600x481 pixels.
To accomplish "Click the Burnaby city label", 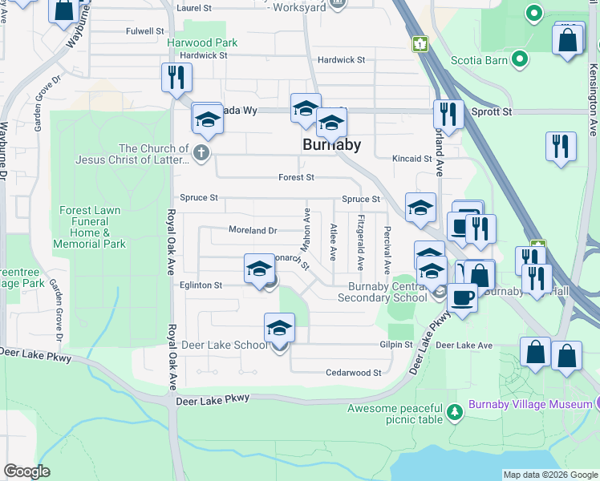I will tap(331, 145).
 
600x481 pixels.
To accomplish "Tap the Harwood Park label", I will tap(202, 42).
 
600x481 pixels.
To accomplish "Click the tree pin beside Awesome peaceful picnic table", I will tap(455, 412).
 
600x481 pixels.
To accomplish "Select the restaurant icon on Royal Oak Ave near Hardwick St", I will tap(176, 78).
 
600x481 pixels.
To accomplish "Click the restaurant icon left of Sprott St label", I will tap(448, 114).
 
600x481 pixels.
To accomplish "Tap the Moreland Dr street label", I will tap(252, 230).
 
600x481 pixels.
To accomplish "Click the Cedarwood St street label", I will tap(353, 373).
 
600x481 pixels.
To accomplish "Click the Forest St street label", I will tap(296, 177).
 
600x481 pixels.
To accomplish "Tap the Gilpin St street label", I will tap(395, 345).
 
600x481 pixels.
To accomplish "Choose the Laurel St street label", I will tap(193, 7).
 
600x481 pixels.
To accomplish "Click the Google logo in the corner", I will tap(26, 471).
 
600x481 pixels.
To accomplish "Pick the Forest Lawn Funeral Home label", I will tap(90, 228).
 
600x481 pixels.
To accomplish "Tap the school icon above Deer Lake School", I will tap(279, 328).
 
